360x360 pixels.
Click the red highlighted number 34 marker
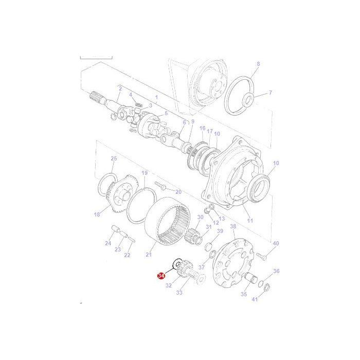tap(163, 276)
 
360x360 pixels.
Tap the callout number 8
tap(258, 64)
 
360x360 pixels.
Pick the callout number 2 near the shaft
tap(120, 88)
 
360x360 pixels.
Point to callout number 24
tap(108, 243)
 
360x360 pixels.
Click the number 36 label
tap(276, 271)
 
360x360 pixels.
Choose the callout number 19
tap(145, 173)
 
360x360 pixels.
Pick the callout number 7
tap(271, 93)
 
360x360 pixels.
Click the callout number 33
tap(179, 293)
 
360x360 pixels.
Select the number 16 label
tap(202, 128)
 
